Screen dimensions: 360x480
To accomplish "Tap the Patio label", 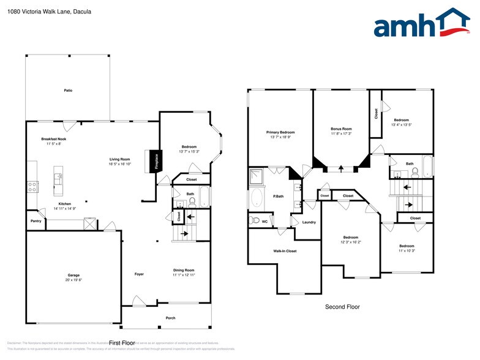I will tap(68, 91).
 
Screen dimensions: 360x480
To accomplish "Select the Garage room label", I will tap(73, 275).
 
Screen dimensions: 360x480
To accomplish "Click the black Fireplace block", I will tap(156, 160).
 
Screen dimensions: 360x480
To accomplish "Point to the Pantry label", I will tap(36, 222).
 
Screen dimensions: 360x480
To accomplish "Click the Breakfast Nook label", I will tap(53, 139).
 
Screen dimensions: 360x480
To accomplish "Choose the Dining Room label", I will tap(183, 270).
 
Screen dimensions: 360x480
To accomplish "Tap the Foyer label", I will tap(139, 274).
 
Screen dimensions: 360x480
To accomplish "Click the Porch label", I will tap(171, 318).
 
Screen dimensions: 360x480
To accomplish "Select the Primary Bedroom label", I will tap(280, 132).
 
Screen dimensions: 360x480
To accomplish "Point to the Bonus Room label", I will tap(341, 129).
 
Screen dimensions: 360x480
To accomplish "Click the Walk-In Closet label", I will tap(284, 251).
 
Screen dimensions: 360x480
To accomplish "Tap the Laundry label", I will tap(309, 222).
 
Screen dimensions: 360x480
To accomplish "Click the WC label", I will tap(264, 221).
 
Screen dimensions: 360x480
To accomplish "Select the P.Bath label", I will tap(279, 197).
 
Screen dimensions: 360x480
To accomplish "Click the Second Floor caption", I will tap(342, 307).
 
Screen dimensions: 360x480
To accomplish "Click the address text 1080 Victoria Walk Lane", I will tap(46, 11).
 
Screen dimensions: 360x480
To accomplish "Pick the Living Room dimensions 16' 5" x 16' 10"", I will tap(120, 164).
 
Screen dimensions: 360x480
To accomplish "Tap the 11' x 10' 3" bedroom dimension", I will tap(407, 250).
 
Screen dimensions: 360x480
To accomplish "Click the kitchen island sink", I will tap(59, 179).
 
